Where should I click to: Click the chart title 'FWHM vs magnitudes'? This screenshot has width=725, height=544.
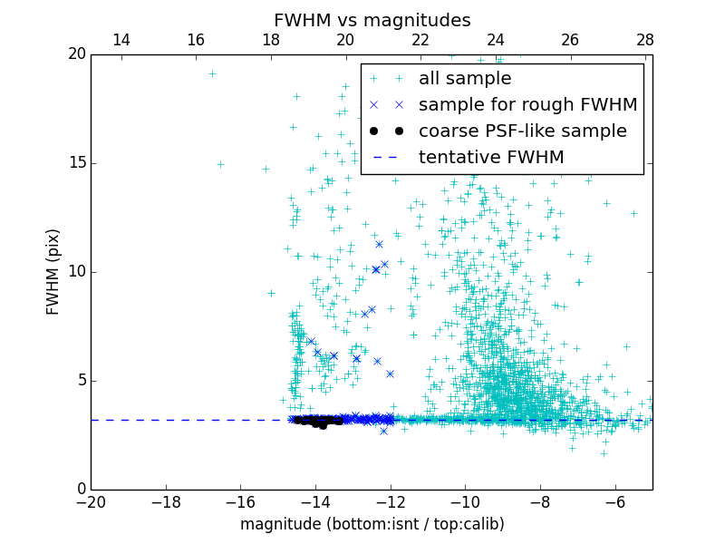[x=372, y=20]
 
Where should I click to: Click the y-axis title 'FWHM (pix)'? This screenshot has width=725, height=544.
[x=53, y=271]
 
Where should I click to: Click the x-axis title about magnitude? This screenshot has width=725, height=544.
[x=372, y=524]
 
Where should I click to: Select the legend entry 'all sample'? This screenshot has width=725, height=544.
[x=465, y=79]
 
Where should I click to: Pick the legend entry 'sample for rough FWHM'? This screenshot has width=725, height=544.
[x=527, y=105]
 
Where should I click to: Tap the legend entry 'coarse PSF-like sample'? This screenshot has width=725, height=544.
[x=522, y=131]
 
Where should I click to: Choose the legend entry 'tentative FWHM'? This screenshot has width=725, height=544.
[x=491, y=158]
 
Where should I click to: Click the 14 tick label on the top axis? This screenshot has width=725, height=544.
[x=121, y=40]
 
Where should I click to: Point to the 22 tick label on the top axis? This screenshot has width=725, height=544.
[x=420, y=40]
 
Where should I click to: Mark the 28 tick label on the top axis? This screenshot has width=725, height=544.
[x=645, y=40]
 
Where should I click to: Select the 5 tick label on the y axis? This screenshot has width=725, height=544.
[x=78, y=381]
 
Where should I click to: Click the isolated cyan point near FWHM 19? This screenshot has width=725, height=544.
[x=212, y=74]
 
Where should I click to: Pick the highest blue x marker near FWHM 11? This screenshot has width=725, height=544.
[x=379, y=244]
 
